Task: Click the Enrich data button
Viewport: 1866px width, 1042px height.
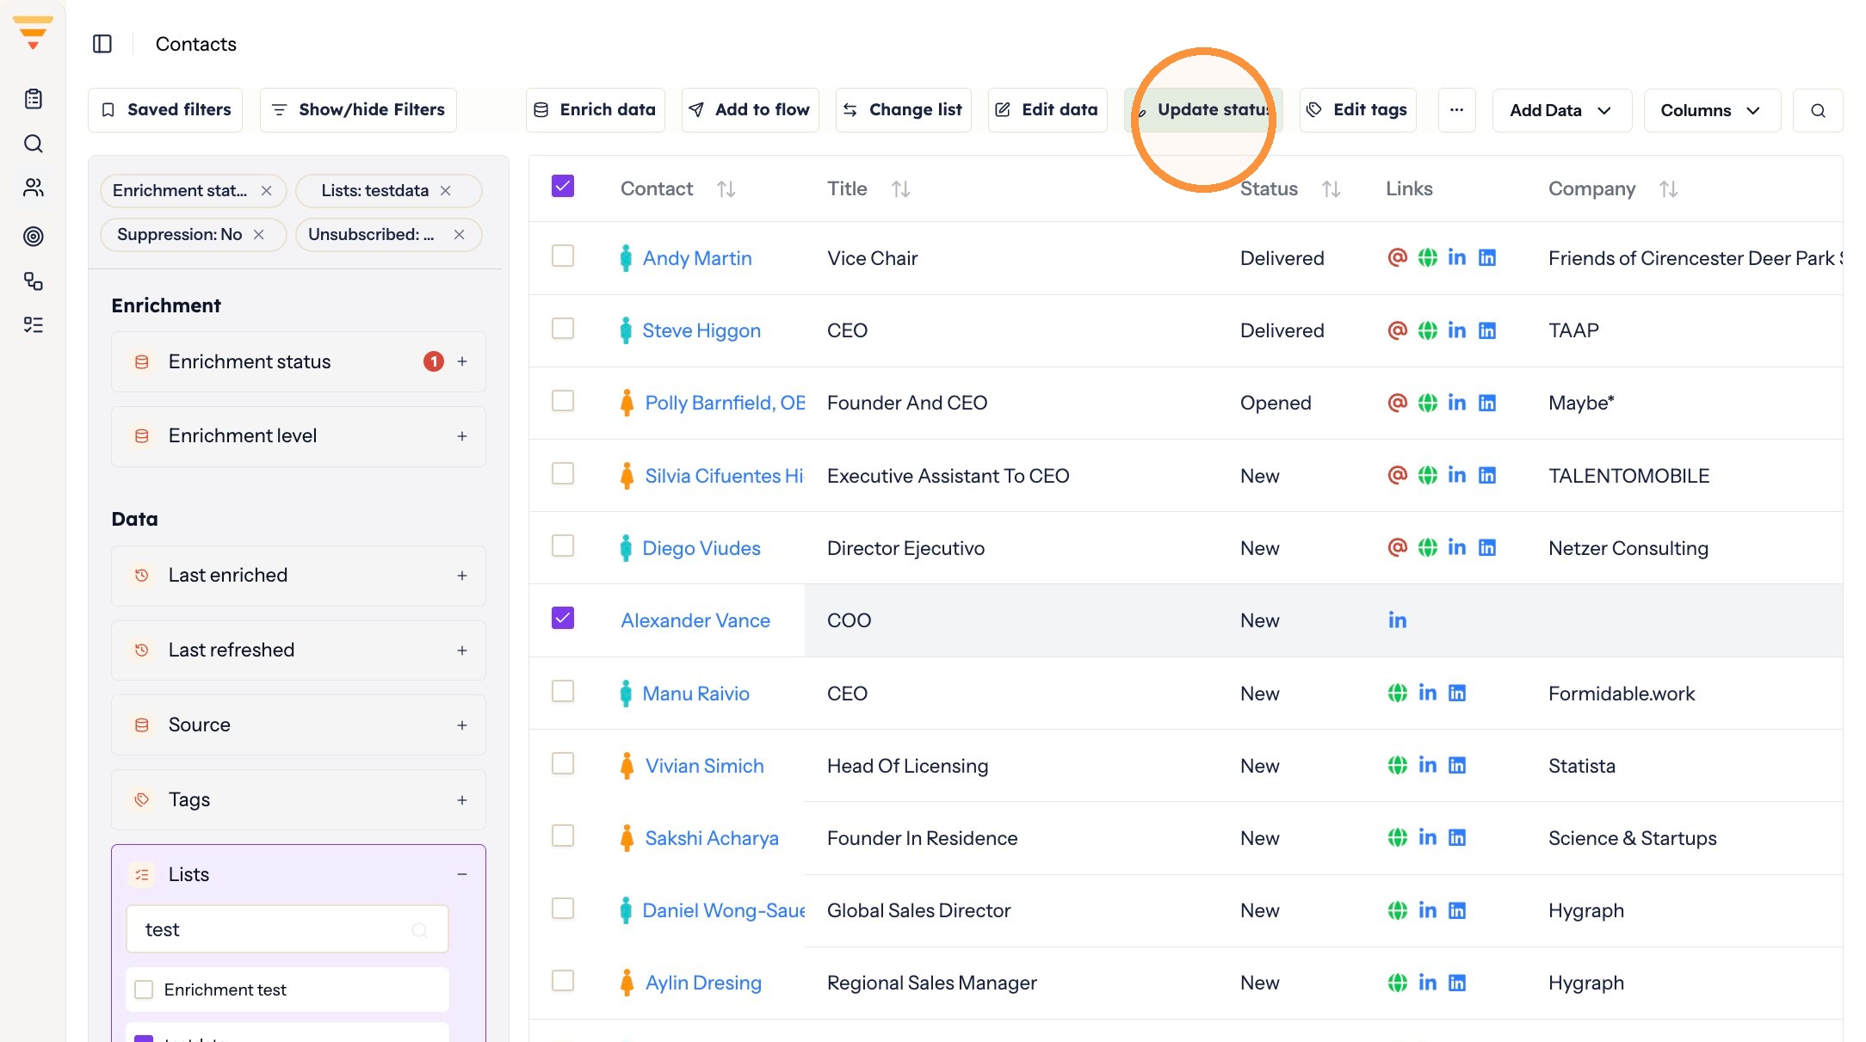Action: pos(595,110)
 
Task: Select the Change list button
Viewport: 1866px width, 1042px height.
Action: pos(903,110)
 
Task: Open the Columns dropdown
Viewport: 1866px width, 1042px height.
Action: pos(1711,110)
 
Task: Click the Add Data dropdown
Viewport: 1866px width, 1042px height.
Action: pos(1561,110)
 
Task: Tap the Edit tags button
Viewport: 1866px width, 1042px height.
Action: pos(1357,110)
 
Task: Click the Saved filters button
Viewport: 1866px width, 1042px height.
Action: pos(165,110)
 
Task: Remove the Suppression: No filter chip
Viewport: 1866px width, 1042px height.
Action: pos(258,235)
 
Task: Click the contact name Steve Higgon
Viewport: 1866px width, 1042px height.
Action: pos(701,330)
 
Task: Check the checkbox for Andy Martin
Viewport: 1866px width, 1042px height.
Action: pos(563,256)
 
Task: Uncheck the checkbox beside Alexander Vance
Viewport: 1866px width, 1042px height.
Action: pos(563,619)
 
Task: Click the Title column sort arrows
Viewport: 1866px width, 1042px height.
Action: pos(900,189)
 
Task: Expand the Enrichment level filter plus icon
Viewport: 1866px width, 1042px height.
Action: pos(462,436)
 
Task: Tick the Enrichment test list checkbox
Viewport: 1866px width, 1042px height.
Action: pos(145,990)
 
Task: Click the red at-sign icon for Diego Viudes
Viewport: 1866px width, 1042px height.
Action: pos(1397,547)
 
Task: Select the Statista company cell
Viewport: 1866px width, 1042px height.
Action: pos(1582,766)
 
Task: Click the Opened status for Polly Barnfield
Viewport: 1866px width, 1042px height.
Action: pos(1276,403)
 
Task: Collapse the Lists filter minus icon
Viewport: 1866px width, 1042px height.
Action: pos(462,874)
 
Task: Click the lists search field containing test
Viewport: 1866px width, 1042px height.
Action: pos(287,929)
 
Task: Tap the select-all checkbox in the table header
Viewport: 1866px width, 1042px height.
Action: pos(563,187)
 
